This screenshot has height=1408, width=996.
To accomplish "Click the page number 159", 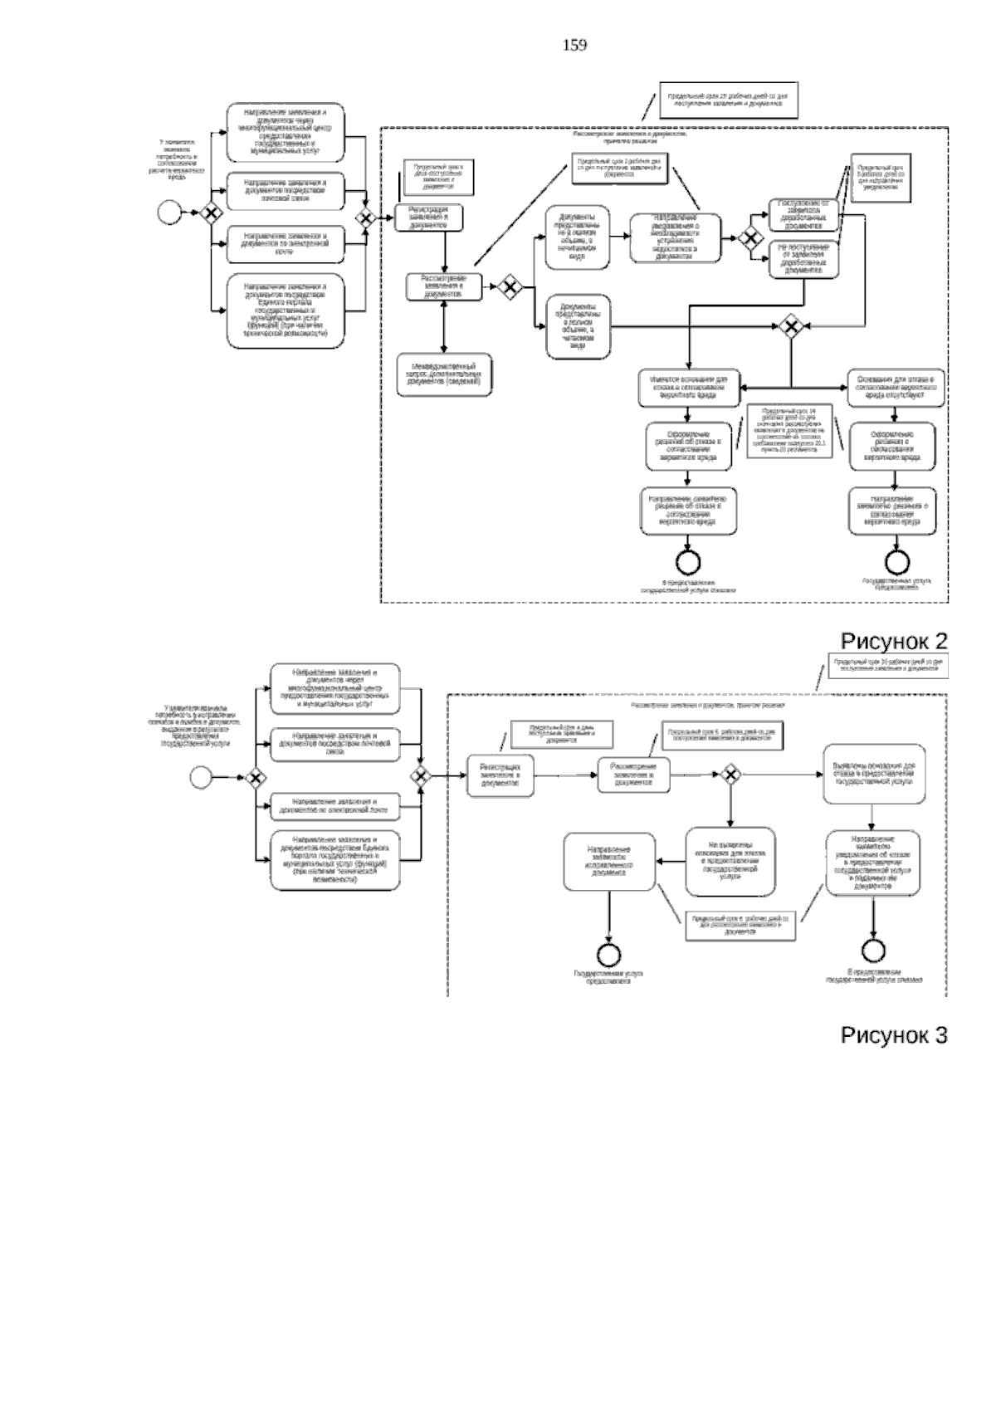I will [x=574, y=46].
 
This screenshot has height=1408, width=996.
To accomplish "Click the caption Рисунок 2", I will [x=894, y=641].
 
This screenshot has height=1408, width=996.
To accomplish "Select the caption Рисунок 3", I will [x=894, y=1035].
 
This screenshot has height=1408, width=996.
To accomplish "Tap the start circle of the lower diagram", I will [x=201, y=777].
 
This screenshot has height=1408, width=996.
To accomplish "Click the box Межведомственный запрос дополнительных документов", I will [x=444, y=376].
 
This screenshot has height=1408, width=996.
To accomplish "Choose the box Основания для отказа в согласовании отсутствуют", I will [x=895, y=388].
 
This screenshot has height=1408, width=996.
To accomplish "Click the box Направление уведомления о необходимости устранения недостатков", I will [x=675, y=237].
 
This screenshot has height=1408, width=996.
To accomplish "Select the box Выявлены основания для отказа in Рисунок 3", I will [x=874, y=773].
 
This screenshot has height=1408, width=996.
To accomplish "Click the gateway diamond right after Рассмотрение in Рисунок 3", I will [x=730, y=775].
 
